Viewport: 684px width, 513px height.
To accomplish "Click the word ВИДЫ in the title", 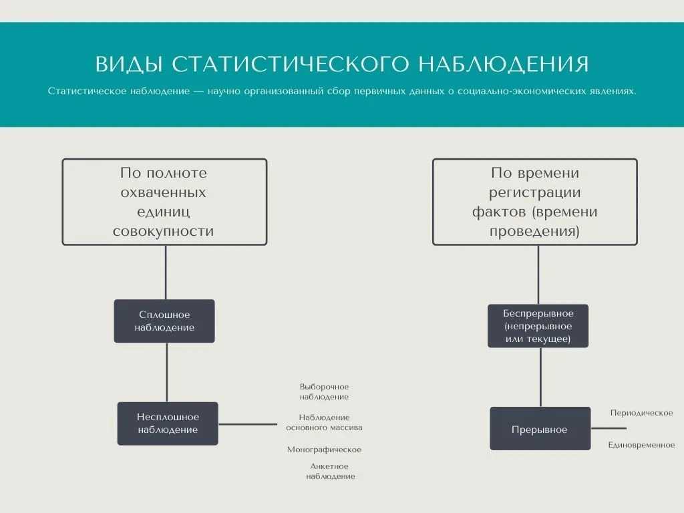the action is pos(129,64).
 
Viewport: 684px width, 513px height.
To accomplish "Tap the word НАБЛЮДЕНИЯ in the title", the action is pos(504,64).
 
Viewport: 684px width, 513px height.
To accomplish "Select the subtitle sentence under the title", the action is pos(342,91).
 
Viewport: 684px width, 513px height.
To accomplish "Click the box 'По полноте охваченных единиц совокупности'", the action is pos(164,202).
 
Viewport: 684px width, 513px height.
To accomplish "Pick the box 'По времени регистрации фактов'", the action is pos(535,202).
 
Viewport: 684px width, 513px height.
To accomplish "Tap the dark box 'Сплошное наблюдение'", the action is pos(164,321).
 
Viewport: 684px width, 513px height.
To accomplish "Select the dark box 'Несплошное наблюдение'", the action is pos(168,423).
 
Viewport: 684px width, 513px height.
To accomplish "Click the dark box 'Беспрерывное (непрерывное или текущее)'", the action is pos(538,326).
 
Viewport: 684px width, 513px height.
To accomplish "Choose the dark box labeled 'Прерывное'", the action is pos(540,429).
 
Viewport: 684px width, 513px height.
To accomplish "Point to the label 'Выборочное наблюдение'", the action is pos(324,391).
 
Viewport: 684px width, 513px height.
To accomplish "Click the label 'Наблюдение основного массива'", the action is pos(324,422).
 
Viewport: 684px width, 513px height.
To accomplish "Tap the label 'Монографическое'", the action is pos(324,450).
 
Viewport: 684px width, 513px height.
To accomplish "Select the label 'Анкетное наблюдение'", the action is pos(330,471).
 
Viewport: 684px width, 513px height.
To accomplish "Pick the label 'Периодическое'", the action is pos(641,413).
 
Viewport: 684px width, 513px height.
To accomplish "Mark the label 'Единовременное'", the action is pos(641,445).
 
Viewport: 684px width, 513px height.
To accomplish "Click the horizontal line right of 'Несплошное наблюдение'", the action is pos(248,424).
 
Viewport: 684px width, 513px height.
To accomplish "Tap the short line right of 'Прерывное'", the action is pos(609,428).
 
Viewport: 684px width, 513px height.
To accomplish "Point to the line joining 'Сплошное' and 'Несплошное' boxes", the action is pos(167,372).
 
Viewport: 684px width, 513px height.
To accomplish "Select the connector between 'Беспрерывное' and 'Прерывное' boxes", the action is pos(541,377).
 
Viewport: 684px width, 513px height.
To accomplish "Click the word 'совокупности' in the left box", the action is pos(163,230).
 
